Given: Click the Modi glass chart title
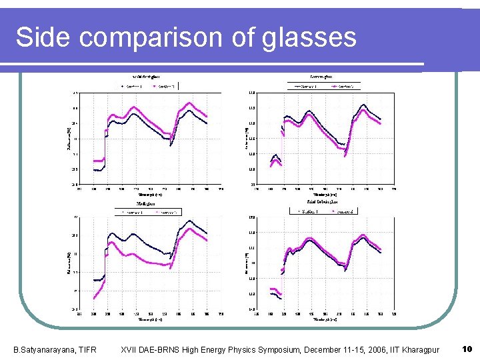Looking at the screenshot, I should coord(146,203).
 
